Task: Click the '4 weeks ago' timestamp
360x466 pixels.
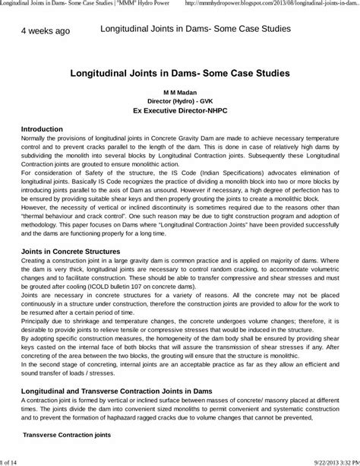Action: (45, 31)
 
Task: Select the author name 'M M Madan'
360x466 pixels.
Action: (180, 90)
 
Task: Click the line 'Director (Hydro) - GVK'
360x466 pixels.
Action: (180, 100)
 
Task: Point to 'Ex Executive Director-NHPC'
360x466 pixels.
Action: (180, 110)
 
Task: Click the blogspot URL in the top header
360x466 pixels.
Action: (292, 5)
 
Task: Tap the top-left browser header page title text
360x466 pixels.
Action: (90, 5)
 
